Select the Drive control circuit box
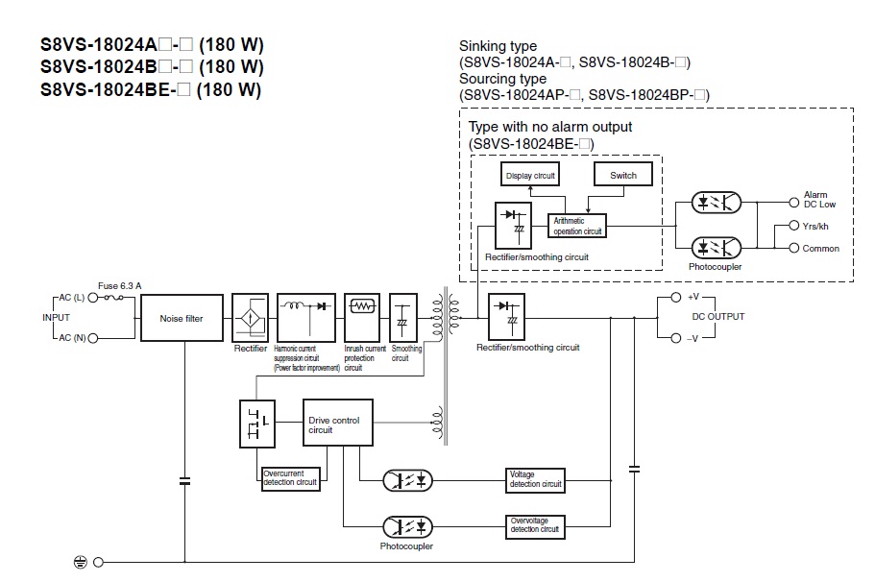[x=338, y=424]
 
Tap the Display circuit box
[x=531, y=175]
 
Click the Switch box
[x=622, y=175]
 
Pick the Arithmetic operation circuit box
[x=577, y=227]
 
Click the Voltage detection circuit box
[x=535, y=480]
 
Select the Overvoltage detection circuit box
[x=535, y=525]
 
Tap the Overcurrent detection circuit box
[x=291, y=477]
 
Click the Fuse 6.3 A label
[x=119, y=284]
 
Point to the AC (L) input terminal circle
[x=94, y=298]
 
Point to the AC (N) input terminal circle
[x=94, y=337]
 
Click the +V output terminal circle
[x=675, y=298]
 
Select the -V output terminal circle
[x=675, y=337]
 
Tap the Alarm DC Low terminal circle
[x=794, y=203]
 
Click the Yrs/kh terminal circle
[x=794, y=226]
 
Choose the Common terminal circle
[x=794, y=249]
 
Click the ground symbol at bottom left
[x=80, y=562]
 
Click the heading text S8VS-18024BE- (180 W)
[x=151, y=89]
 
